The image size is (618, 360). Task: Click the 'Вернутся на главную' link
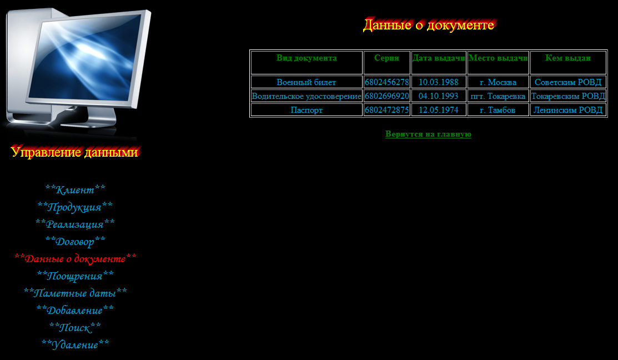428,134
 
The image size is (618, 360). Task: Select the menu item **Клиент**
76,189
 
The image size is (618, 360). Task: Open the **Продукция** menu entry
75,207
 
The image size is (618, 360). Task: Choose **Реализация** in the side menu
75,224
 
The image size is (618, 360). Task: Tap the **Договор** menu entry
76,241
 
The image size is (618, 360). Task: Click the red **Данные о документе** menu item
76,259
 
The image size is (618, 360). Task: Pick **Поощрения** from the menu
76,276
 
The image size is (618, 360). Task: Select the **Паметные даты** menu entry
76,293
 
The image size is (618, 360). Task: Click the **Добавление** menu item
75,311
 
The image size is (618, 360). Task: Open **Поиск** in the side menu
75,327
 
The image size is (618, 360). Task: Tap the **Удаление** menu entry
76,344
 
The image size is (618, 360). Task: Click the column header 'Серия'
386,58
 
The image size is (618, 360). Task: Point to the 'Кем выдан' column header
568,58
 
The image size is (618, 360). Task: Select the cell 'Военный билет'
307,82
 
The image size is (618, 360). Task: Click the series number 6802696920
386,96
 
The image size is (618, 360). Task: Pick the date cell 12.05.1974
438,110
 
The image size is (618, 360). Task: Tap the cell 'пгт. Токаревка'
498,96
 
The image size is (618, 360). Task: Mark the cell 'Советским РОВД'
568,82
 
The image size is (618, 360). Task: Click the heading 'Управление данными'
74,152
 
